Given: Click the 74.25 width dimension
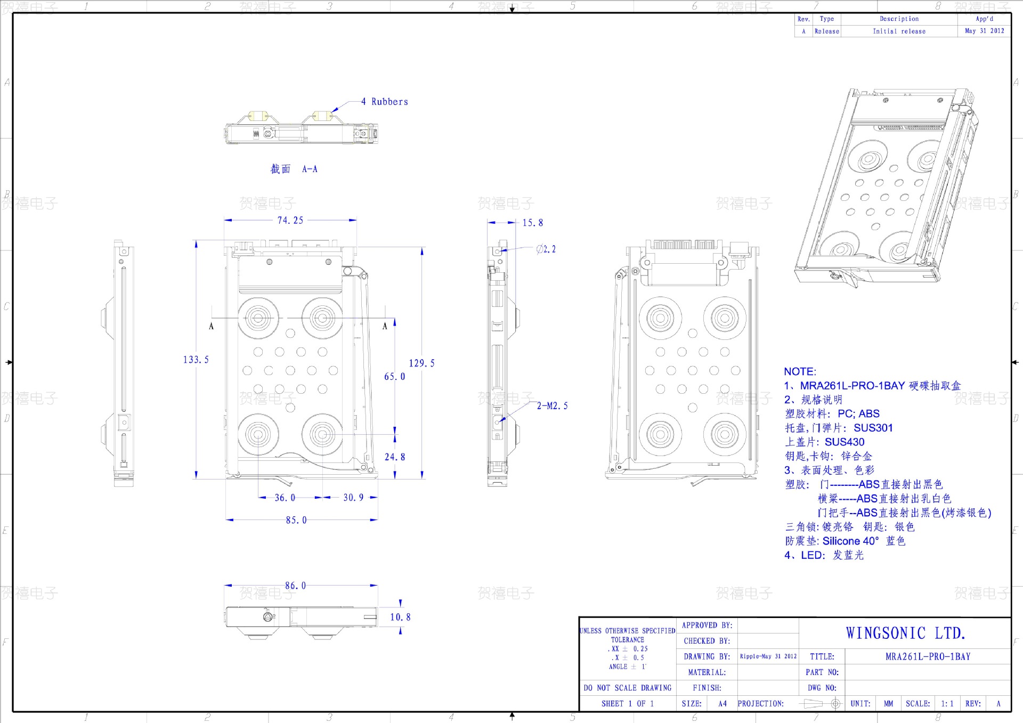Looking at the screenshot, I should click(290, 220).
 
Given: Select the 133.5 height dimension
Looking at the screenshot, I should click(196, 360).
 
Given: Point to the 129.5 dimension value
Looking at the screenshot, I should click(421, 363).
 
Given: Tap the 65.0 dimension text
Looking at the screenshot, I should click(394, 376).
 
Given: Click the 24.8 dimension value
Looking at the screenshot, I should click(394, 457).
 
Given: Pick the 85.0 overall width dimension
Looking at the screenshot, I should click(296, 520).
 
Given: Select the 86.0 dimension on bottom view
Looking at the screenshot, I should click(295, 586).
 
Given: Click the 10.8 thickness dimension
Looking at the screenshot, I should click(400, 617).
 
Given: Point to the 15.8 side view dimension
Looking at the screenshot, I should click(532, 223).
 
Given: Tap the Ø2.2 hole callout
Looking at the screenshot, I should click(546, 249).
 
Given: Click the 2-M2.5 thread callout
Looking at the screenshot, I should click(552, 405).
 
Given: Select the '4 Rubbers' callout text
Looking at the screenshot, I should click(384, 102).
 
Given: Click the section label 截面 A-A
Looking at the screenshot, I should click(294, 169).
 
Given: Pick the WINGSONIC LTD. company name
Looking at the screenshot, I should click(905, 633).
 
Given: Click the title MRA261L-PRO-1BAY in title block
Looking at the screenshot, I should click(928, 656).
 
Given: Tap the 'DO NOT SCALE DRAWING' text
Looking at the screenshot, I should click(627, 688).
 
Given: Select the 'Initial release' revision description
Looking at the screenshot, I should click(899, 31).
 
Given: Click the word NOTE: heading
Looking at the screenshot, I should click(800, 371).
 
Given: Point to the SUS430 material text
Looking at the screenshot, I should click(845, 442).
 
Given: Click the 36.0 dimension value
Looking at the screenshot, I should click(285, 498).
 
